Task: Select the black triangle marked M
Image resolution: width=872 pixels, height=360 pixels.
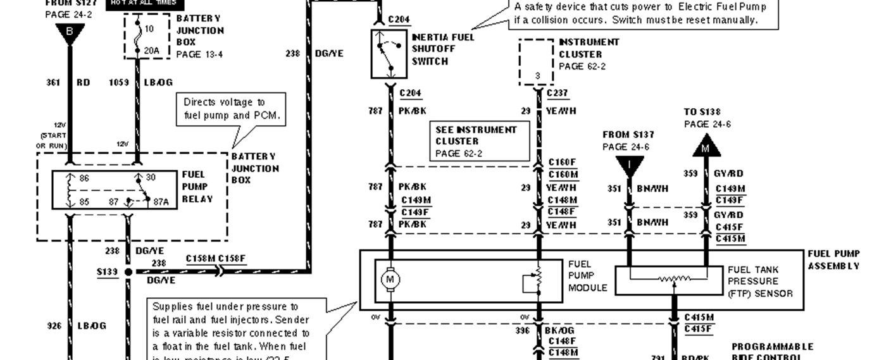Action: click(x=706, y=148)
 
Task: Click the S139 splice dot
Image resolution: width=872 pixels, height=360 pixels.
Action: click(x=128, y=272)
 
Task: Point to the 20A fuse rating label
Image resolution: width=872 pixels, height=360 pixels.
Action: click(x=151, y=50)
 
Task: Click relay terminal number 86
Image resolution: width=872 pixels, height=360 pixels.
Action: click(x=84, y=178)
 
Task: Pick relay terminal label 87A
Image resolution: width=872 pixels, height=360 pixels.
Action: click(x=161, y=202)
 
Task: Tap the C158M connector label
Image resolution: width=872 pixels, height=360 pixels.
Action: click(x=201, y=258)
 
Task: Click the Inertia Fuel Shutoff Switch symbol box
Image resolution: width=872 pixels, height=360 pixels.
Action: click(x=389, y=54)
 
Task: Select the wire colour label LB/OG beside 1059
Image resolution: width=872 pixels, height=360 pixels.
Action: click(x=159, y=82)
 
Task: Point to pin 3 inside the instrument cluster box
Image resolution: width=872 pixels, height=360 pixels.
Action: click(x=537, y=76)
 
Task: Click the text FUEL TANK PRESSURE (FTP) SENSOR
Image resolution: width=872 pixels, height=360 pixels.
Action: click(x=759, y=281)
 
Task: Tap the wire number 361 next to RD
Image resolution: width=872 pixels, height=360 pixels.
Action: click(x=53, y=82)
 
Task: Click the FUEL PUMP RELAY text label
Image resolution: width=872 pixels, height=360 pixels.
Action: click(x=197, y=187)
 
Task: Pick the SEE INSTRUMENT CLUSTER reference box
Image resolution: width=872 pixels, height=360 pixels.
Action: click(x=481, y=142)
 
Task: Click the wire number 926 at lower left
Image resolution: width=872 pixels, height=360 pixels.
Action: click(x=54, y=326)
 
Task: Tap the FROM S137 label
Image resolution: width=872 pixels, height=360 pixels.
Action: click(x=628, y=135)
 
